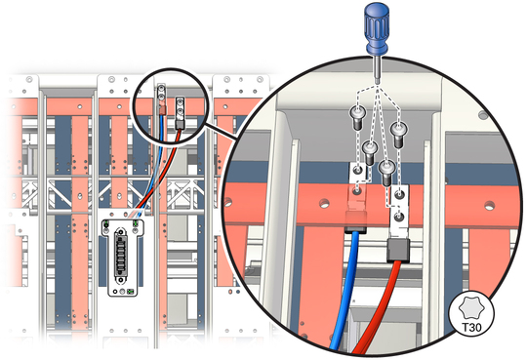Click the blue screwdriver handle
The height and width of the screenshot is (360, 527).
(x=378, y=28)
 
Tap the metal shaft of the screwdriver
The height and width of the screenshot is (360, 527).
(x=378, y=70)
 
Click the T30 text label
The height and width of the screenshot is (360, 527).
(x=471, y=327)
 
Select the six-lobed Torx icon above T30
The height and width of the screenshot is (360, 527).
(x=471, y=308)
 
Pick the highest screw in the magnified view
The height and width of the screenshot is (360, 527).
(x=358, y=117)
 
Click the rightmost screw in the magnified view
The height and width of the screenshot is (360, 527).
(x=398, y=135)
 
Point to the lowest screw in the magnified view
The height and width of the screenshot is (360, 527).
(x=386, y=173)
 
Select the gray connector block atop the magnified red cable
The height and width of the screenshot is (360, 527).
(x=398, y=250)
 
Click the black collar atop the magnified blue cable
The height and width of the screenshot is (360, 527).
(x=355, y=230)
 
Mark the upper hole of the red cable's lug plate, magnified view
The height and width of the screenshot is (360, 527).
(x=399, y=194)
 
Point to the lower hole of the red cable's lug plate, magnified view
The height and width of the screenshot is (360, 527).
(x=399, y=217)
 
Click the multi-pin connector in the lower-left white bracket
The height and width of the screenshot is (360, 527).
(x=120, y=252)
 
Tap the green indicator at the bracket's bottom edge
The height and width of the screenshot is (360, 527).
(x=130, y=292)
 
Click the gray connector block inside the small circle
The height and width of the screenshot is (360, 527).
(x=181, y=125)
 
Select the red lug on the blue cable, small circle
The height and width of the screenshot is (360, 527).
(x=162, y=109)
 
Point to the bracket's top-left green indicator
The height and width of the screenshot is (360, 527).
(x=106, y=223)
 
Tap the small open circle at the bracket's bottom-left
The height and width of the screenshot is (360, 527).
(x=115, y=291)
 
